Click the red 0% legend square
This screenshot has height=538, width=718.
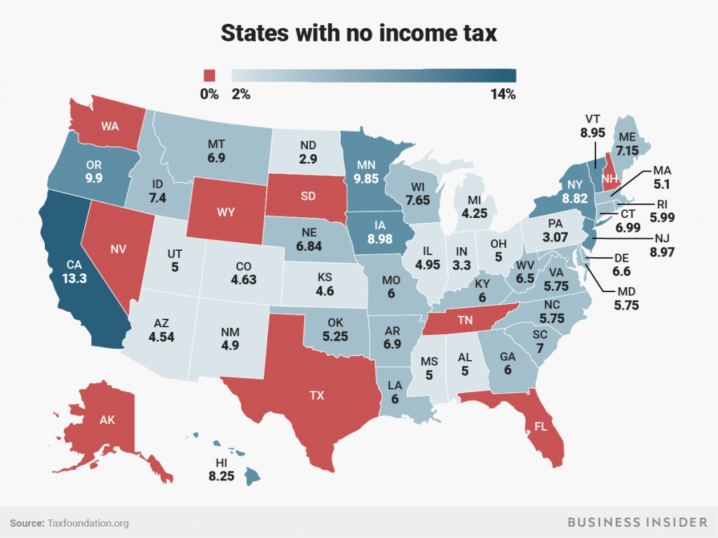(210, 76)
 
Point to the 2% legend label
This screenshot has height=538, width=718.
(241, 94)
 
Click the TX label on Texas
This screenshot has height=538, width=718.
(317, 395)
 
